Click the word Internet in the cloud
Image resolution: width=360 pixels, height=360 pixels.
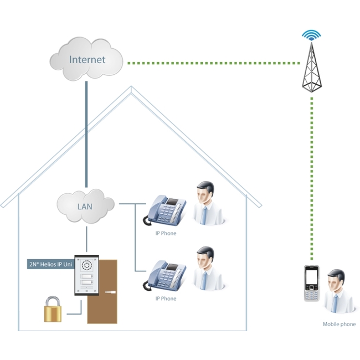[x=88, y=60]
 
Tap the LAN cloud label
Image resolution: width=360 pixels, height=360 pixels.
[x=85, y=207]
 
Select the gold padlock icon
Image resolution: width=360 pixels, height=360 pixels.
[x=53, y=309]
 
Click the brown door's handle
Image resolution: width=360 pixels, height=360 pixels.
[x=110, y=292]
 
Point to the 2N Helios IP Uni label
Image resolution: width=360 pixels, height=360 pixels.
[x=51, y=264]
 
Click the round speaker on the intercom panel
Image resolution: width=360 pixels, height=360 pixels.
[x=86, y=265]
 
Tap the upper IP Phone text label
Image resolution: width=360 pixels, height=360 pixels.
[x=166, y=233]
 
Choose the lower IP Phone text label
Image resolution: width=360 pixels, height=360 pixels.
[x=166, y=299]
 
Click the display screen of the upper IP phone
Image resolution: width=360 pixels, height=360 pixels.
[x=172, y=202]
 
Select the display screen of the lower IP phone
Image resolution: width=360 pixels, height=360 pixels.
[x=172, y=267]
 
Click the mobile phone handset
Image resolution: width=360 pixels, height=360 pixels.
[x=312, y=284]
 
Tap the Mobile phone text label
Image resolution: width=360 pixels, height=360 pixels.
[x=339, y=324]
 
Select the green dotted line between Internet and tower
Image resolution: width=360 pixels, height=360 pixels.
[x=214, y=63]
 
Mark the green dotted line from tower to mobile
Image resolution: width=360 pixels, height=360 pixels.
[x=312, y=178]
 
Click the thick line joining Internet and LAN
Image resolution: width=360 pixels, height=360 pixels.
[x=86, y=135]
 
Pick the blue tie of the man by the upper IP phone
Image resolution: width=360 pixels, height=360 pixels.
[x=203, y=215]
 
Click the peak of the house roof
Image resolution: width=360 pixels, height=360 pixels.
[x=131, y=86]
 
